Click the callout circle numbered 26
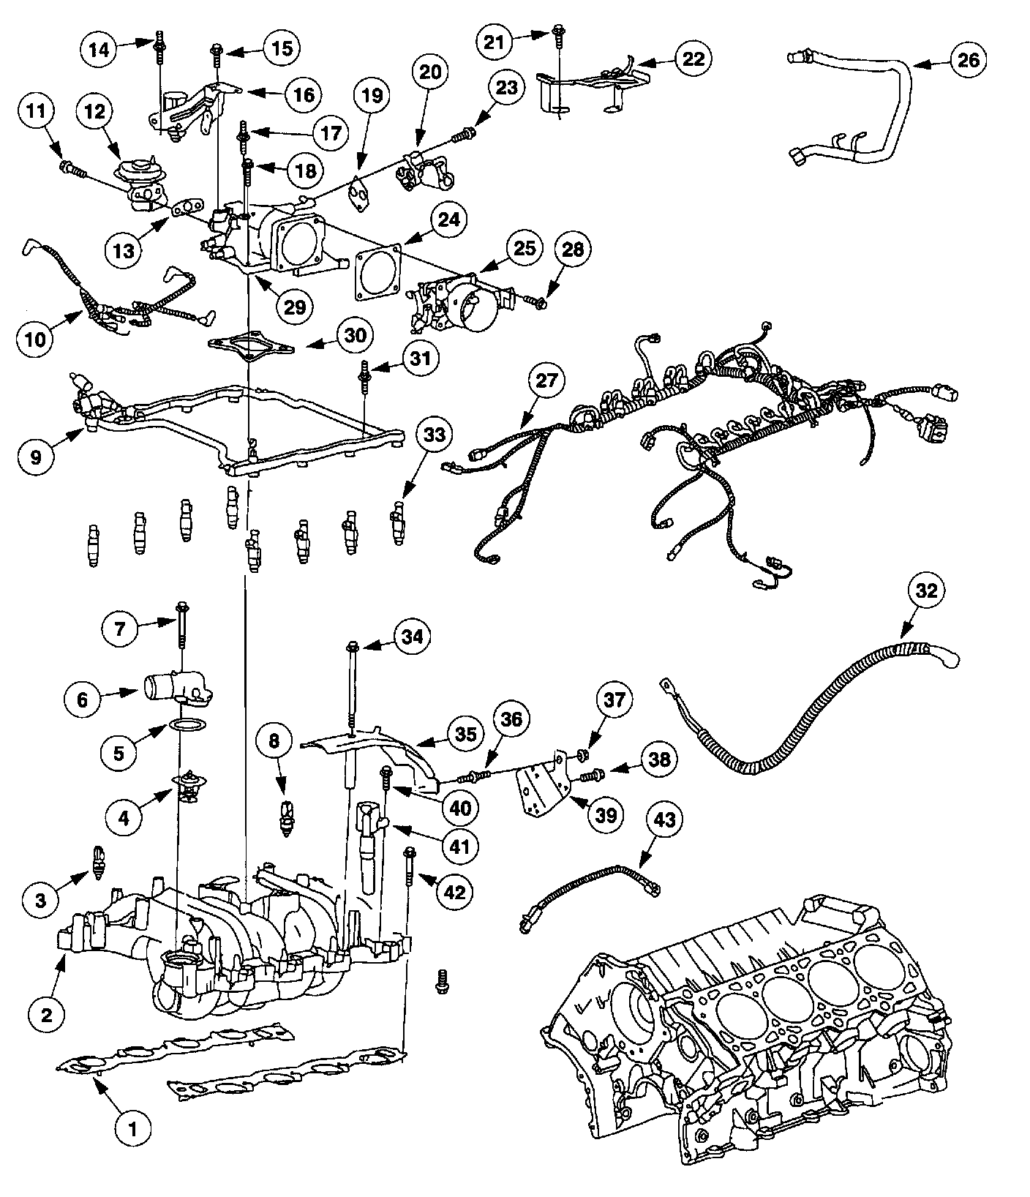point(968,60)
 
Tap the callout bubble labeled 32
point(926,590)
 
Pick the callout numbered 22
point(692,58)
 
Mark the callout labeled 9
point(37,457)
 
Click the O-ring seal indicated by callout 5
point(187,726)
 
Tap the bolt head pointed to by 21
point(559,31)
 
